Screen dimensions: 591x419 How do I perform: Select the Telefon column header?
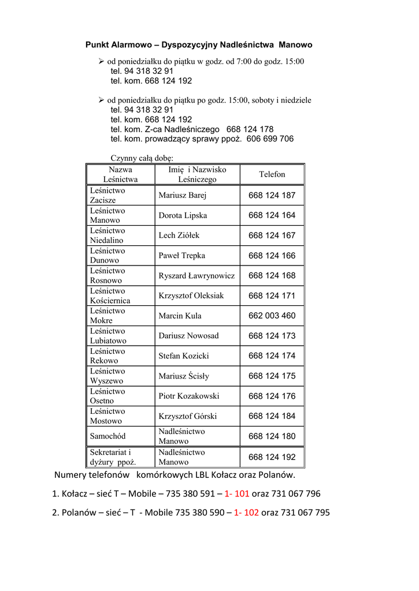coord(272,174)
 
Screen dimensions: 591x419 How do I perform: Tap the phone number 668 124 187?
coord(272,195)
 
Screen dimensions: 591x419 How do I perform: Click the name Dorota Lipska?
coord(183,215)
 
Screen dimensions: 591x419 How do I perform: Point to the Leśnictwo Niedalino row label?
coord(107,235)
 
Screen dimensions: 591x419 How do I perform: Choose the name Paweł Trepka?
coord(181,255)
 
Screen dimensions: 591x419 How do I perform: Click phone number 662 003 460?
coord(272,316)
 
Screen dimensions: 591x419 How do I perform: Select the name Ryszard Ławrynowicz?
coord(196,275)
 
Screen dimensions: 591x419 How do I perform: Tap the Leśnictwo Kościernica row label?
coord(110,295)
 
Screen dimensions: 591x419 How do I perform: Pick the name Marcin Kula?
coord(180,316)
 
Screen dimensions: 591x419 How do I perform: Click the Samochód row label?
coord(107,436)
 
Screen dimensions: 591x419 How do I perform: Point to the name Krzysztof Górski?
coord(188,416)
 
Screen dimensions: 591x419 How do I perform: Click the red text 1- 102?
coord(246,512)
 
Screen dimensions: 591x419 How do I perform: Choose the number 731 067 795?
coord(305,512)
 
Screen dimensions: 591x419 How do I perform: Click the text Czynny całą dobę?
coord(142,158)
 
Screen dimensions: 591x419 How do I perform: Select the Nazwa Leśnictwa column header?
coord(120,174)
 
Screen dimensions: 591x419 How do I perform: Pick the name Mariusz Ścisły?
coord(184,376)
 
